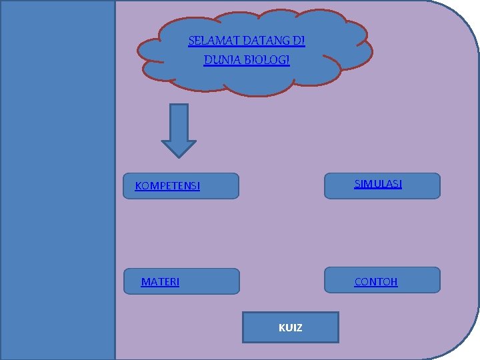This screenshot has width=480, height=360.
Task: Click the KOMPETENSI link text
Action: pos(167,186)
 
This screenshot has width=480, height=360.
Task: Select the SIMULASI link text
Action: pos(378,183)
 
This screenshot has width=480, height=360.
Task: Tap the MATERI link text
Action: pos(160,282)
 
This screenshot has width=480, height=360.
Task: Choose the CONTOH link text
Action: pos(376,281)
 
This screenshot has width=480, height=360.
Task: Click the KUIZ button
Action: pos(290,327)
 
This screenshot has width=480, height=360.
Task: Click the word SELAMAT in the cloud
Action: pos(207,41)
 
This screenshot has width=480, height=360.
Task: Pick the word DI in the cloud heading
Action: pos(299,41)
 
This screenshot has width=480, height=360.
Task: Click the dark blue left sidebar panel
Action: pos(58,180)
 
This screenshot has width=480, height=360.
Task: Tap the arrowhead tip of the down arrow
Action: pos(179,155)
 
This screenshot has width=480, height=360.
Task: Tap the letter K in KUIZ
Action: pos(281,328)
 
